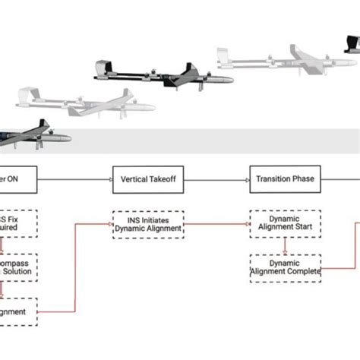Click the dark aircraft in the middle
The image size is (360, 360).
point(159,76)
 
